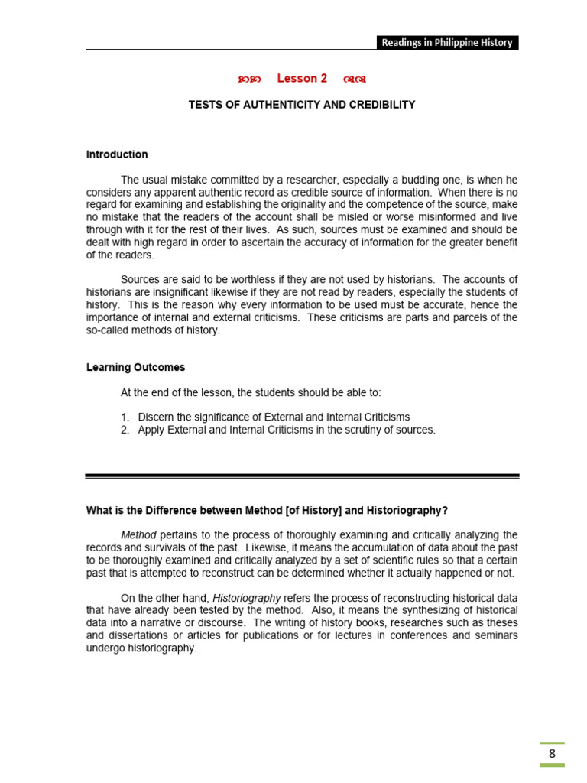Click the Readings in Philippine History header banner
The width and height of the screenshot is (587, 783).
pyautogui.click(x=447, y=43)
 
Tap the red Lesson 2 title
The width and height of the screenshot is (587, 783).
pyautogui.click(x=302, y=79)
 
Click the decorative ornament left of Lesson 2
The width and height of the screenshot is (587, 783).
pyautogui.click(x=249, y=80)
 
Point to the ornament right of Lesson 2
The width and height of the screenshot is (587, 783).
pyautogui.click(x=355, y=80)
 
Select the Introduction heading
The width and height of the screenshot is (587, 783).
pyautogui.click(x=117, y=154)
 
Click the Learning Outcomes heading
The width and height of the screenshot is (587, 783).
pyautogui.click(x=135, y=367)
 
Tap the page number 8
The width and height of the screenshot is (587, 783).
pyautogui.click(x=552, y=753)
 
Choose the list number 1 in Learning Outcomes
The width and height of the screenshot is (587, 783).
pyautogui.click(x=125, y=417)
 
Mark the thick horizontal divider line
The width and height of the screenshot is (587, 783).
pyautogui.click(x=302, y=476)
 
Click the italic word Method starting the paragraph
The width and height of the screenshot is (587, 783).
pyautogui.click(x=139, y=534)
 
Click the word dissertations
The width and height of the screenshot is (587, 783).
pyautogui.click(x=141, y=635)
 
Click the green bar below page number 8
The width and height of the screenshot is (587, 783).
pyautogui.click(x=552, y=765)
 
